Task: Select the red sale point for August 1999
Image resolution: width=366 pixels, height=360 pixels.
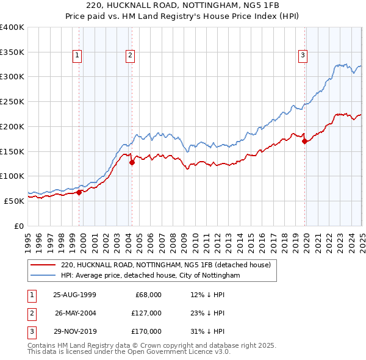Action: pyautogui.click(x=79, y=192)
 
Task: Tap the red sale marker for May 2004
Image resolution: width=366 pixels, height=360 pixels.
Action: pyautogui.click(x=132, y=163)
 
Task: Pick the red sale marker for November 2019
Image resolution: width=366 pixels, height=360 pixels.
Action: pyautogui.click(x=304, y=142)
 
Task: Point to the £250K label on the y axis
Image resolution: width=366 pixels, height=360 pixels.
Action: pyautogui.click(x=12, y=102)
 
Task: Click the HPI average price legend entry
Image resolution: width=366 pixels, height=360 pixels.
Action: pyautogui.click(x=151, y=276)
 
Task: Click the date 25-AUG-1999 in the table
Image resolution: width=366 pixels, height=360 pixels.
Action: pyautogui.click(x=74, y=295)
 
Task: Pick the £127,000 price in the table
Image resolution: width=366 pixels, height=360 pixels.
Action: pyautogui.click(x=146, y=313)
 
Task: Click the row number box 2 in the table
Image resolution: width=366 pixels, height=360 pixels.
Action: pyautogui.click(x=30, y=313)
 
